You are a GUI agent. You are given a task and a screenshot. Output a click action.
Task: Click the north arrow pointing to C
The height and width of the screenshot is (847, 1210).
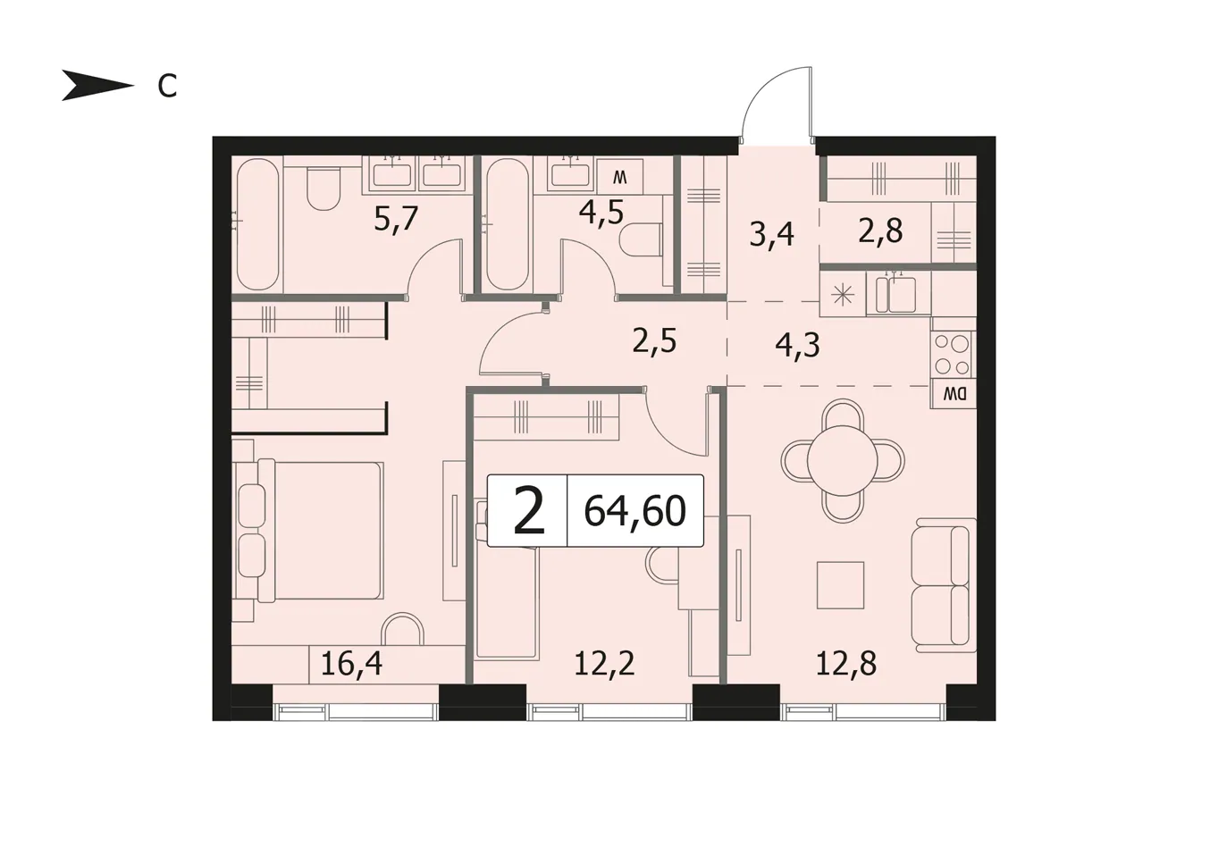(97, 86)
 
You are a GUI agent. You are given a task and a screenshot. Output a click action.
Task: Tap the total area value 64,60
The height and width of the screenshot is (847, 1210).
(634, 512)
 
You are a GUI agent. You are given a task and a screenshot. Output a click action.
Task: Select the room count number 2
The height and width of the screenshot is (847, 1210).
(529, 510)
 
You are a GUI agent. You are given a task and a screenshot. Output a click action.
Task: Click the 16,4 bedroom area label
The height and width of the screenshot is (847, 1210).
(352, 663)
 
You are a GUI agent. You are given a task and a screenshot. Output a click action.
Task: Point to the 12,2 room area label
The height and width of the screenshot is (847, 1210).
(604, 663)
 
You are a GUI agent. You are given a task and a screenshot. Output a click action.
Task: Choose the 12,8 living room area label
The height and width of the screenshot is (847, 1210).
(846, 663)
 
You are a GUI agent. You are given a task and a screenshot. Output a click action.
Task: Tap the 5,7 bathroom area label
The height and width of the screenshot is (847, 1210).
(397, 219)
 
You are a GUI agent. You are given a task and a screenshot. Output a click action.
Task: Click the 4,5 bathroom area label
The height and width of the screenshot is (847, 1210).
(601, 213)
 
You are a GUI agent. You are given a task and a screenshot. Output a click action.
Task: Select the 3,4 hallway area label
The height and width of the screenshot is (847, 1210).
(772, 235)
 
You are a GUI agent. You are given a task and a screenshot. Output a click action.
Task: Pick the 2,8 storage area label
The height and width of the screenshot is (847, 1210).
(880, 231)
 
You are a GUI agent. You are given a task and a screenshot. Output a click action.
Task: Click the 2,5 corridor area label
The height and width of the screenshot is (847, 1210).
(654, 342)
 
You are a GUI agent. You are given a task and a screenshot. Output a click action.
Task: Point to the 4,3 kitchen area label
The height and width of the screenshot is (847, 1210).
(798, 346)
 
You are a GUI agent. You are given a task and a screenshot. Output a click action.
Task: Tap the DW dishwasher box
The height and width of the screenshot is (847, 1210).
(953, 394)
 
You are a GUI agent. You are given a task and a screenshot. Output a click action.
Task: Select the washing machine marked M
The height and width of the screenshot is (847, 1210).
(620, 177)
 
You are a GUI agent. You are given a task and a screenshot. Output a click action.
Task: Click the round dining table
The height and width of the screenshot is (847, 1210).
(842, 460)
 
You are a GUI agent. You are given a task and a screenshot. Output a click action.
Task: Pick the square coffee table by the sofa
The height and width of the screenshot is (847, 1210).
(840, 585)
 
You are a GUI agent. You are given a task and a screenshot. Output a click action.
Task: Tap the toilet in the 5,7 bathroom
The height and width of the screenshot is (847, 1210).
(324, 188)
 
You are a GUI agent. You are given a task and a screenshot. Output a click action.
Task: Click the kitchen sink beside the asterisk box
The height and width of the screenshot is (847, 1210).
(898, 293)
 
